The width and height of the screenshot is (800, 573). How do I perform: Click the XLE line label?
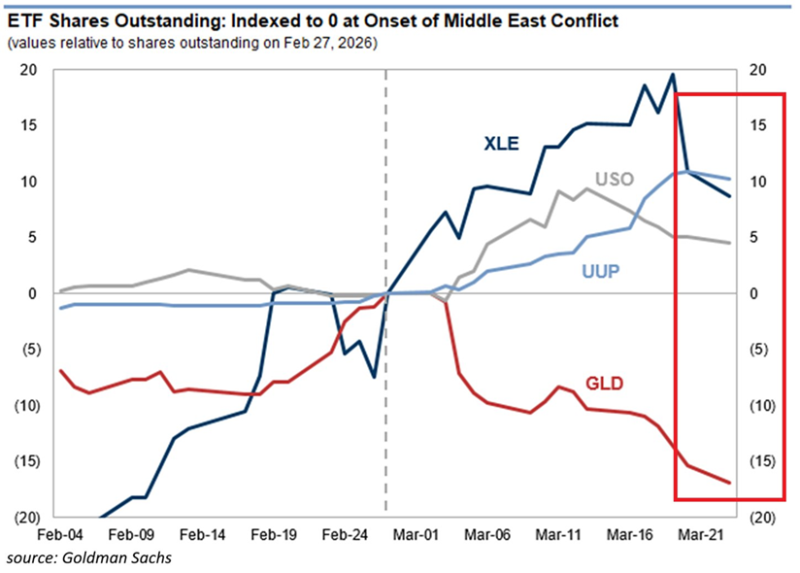[x=502, y=144]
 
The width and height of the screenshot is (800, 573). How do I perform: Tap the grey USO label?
[x=614, y=180]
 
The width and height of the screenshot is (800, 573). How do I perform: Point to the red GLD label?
[x=604, y=384]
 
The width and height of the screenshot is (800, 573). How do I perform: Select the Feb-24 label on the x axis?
[x=346, y=534]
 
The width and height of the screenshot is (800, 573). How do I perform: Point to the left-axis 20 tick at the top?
[x=28, y=70]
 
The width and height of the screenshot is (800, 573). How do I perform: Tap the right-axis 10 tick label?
[x=753, y=182]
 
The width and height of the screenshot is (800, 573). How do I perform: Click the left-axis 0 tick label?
[x=33, y=293]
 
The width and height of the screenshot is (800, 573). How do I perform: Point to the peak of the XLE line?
[x=673, y=75]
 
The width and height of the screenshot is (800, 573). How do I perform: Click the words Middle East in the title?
[x=508, y=19]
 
